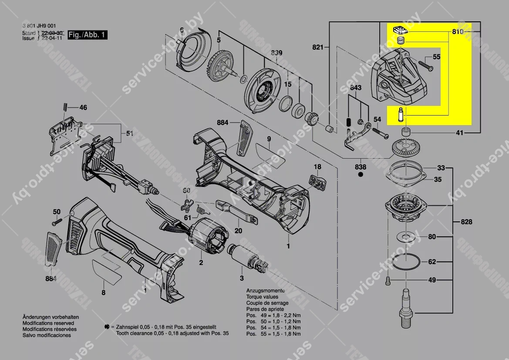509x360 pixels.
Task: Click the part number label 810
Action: (458, 32)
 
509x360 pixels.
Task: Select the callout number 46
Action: (82, 107)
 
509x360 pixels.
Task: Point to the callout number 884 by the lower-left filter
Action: (51, 278)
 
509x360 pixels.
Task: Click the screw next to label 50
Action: (55, 222)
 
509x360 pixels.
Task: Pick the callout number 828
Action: (466, 222)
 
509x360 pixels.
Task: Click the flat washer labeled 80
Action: (407, 237)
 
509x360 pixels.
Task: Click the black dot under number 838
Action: (361, 175)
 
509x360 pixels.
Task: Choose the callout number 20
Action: (238, 231)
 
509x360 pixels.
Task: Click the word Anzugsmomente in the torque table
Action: (265, 291)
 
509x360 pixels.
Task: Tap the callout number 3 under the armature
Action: (242, 278)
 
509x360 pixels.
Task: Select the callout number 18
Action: (317, 167)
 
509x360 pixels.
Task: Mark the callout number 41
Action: (460, 133)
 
